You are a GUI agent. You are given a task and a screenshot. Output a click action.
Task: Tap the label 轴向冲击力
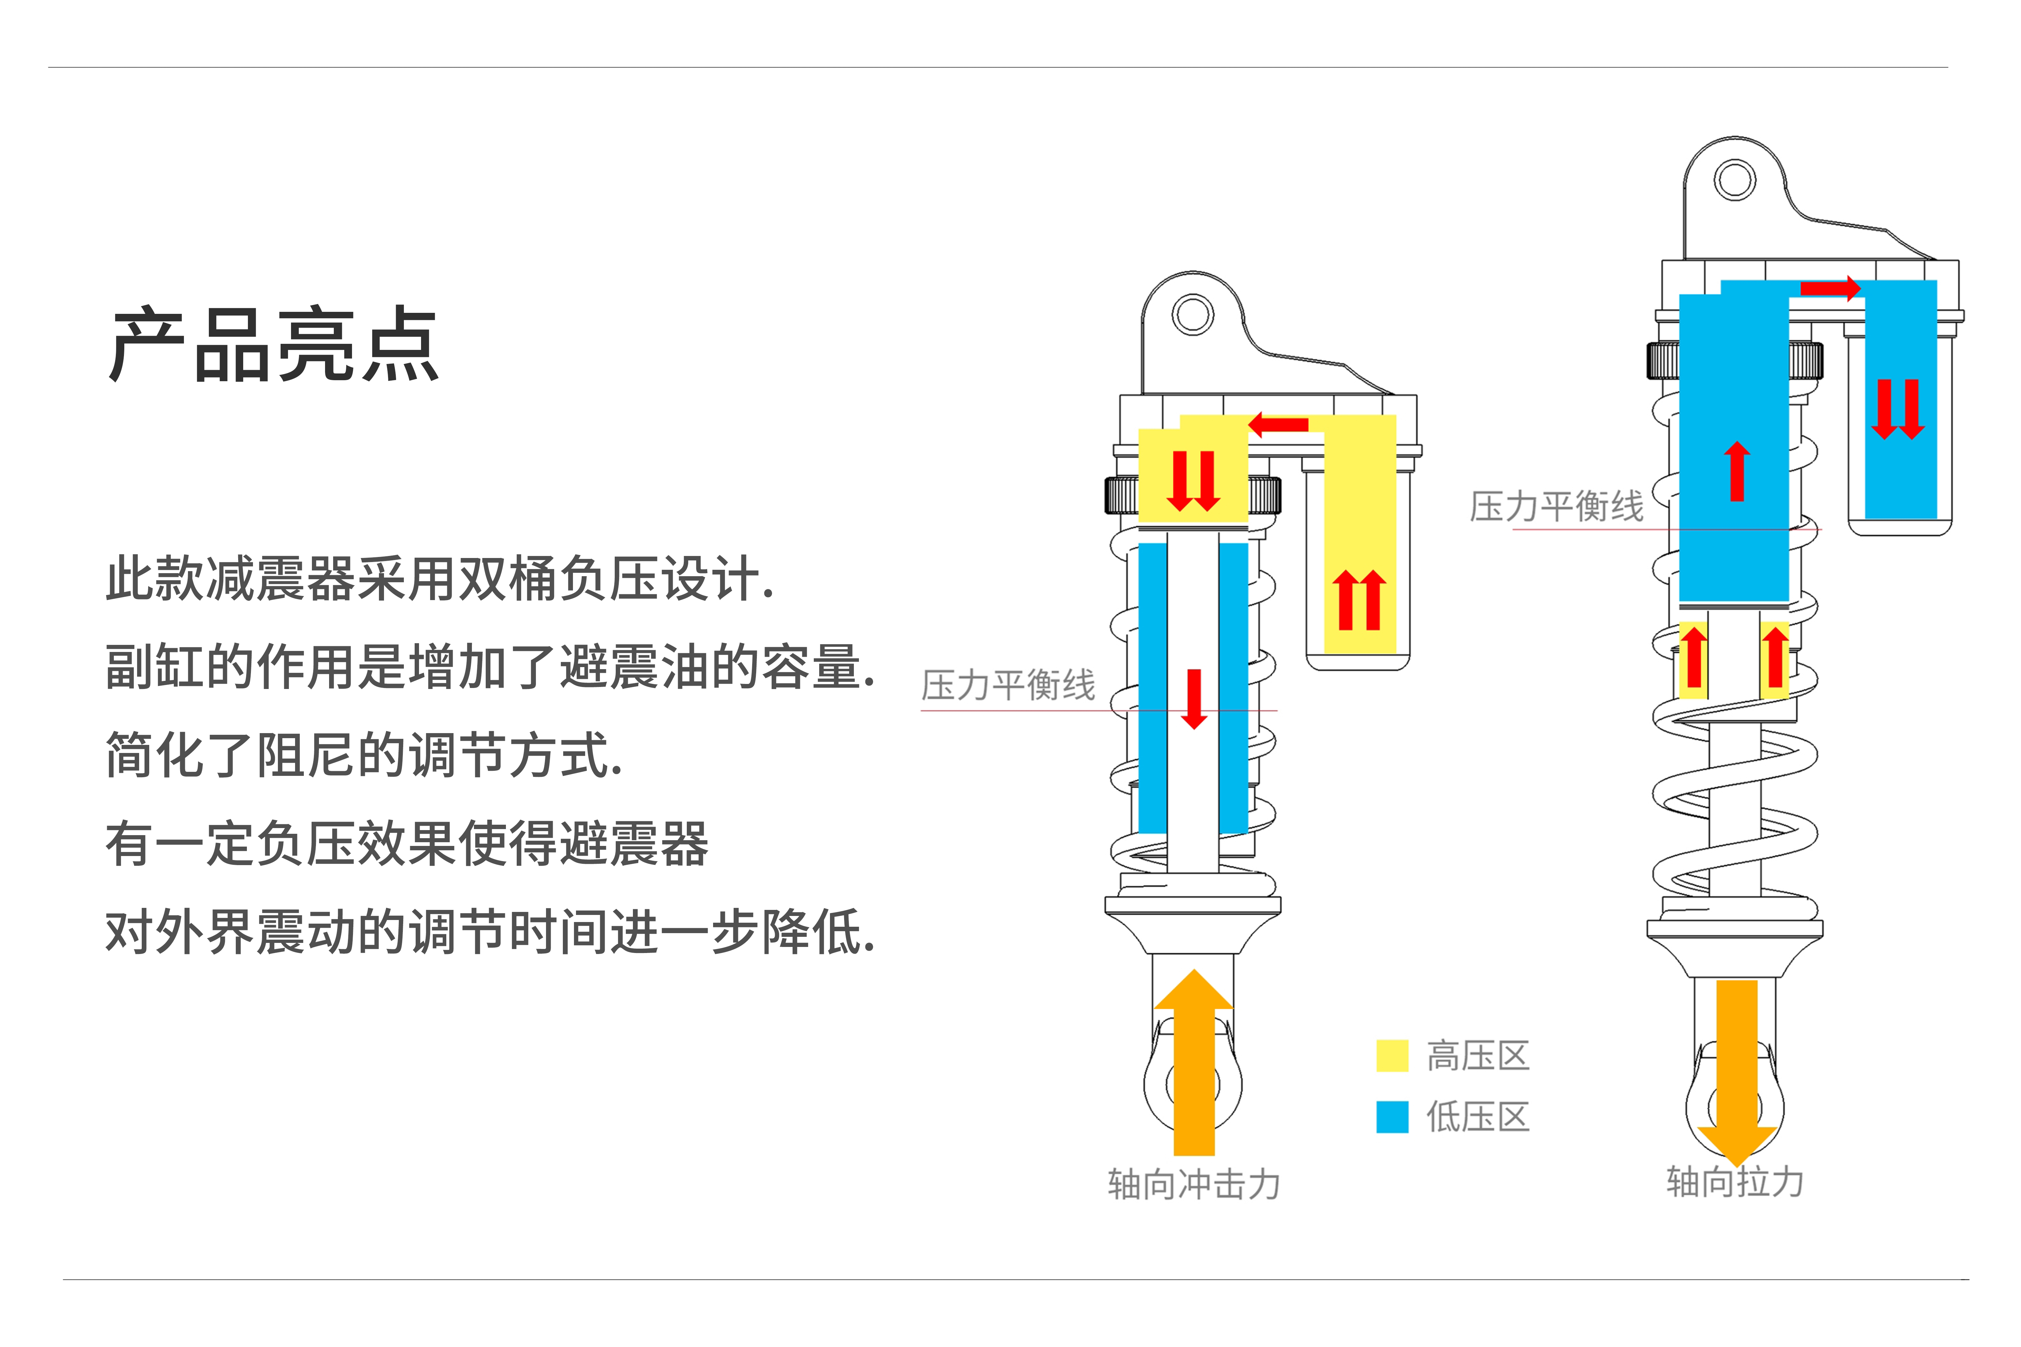(x=1193, y=1185)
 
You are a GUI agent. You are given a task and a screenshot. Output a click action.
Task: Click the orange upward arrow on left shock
(x=1193, y=1065)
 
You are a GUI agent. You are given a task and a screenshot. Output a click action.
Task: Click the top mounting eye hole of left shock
(x=1193, y=315)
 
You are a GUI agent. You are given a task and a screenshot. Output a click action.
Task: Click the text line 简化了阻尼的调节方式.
(x=363, y=755)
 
